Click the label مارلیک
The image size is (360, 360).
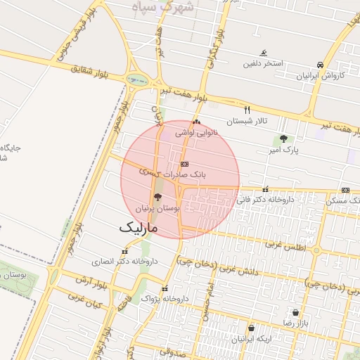click(138, 228)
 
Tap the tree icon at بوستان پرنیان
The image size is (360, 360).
click(157, 198)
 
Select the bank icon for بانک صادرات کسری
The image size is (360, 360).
click(185, 163)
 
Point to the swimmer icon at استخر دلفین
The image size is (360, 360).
click(264, 53)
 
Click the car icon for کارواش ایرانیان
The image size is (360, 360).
click(321, 65)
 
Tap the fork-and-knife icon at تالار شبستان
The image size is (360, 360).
click(247, 110)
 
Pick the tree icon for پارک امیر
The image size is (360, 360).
click(283, 139)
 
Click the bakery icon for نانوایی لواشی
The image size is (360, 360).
click(196, 122)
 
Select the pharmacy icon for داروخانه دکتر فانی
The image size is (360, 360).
click(265, 189)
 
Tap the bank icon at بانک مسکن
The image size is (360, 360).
click(345, 190)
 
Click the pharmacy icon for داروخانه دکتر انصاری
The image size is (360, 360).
click(124, 251)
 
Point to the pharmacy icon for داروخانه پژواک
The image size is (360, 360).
click(165, 289)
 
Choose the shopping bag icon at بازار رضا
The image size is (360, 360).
click(295, 311)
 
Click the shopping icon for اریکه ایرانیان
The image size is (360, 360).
click(251, 328)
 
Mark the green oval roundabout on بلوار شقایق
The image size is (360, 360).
click(138, 79)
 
